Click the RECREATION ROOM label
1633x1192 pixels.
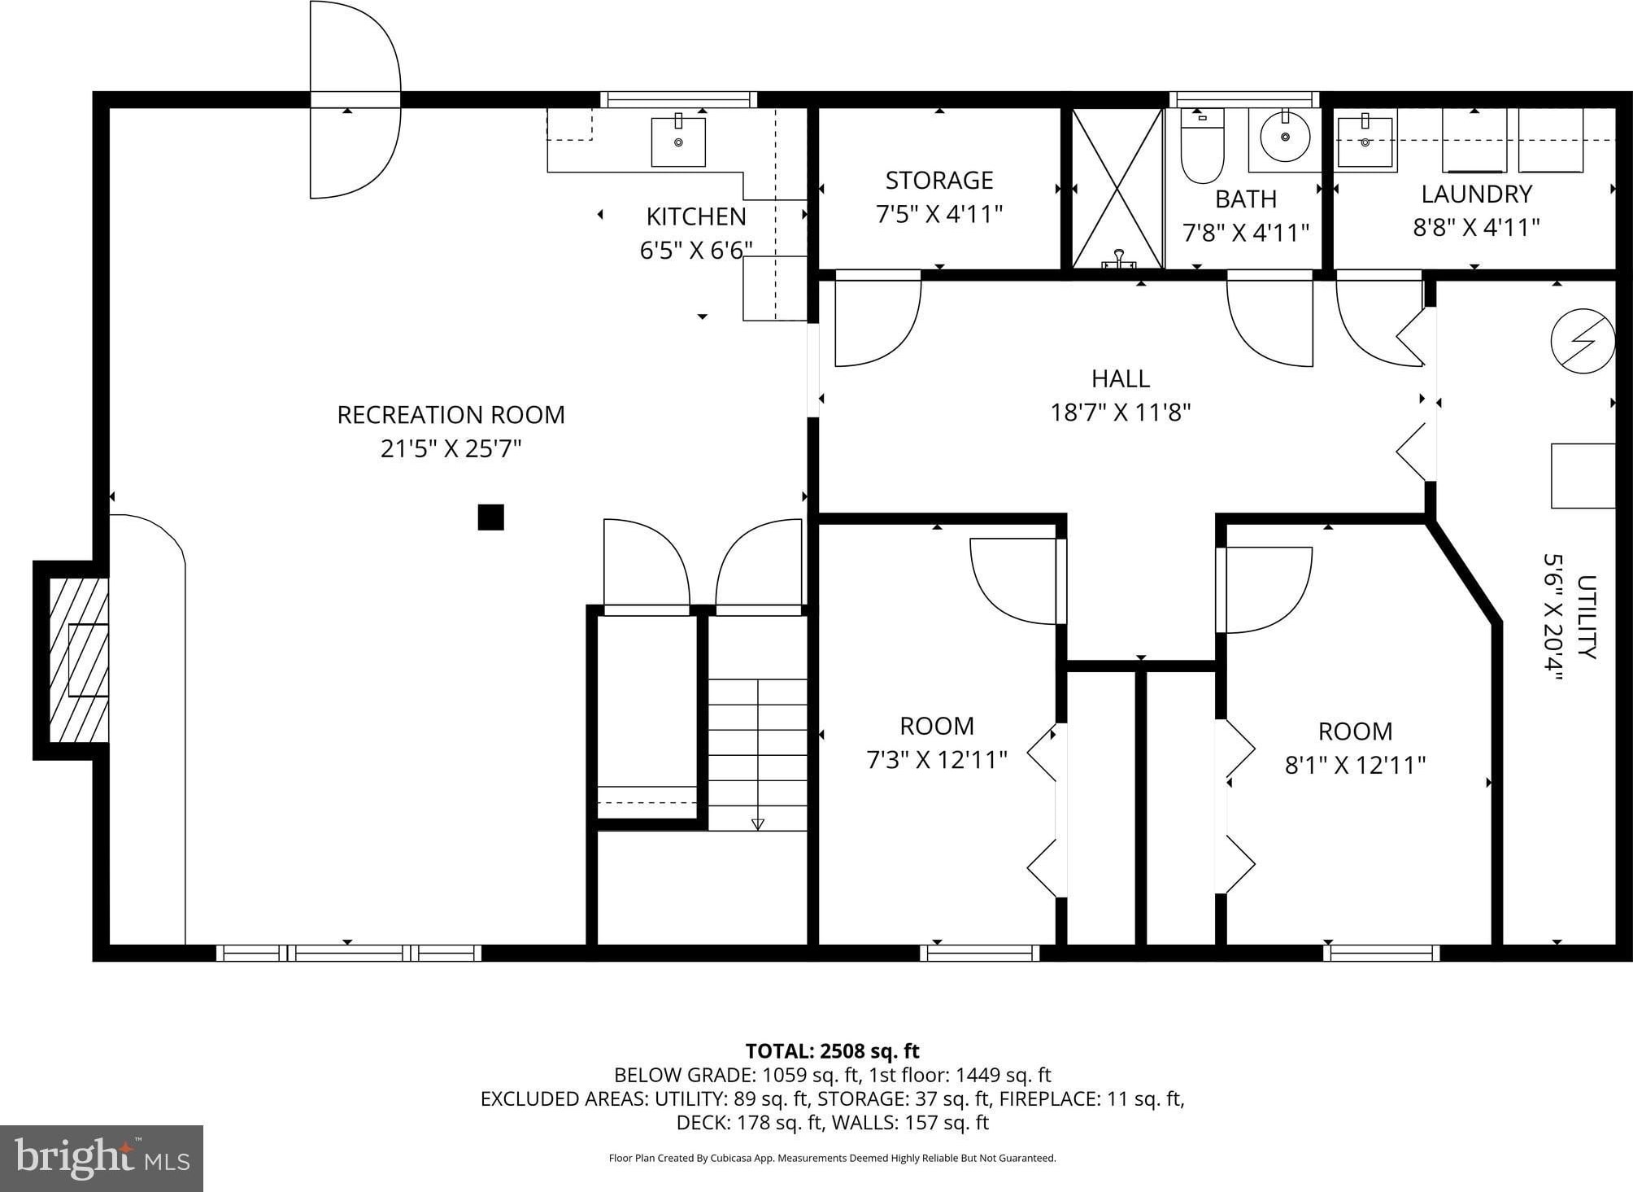pos(451,415)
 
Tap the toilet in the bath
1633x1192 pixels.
pos(1202,146)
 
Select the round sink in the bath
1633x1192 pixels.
pos(1285,137)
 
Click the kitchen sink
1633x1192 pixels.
pos(678,142)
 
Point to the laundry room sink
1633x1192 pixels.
pos(1365,142)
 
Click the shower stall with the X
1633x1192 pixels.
pos(1118,188)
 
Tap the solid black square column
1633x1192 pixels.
pos(490,517)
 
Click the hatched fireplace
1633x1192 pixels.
pos(79,660)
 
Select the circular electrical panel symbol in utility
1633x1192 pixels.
pos(1583,341)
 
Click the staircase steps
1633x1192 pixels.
pos(758,754)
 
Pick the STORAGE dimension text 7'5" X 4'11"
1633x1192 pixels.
pos(939,214)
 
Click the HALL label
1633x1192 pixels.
pos(1121,378)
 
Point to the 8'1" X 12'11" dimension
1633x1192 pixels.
pos(1355,765)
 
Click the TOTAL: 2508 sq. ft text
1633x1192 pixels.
pos(833,1051)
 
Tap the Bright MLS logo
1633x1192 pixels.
pos(102,1159)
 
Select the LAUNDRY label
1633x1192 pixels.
pos(1477,194)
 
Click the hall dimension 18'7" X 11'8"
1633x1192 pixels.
pos(1121,413)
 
